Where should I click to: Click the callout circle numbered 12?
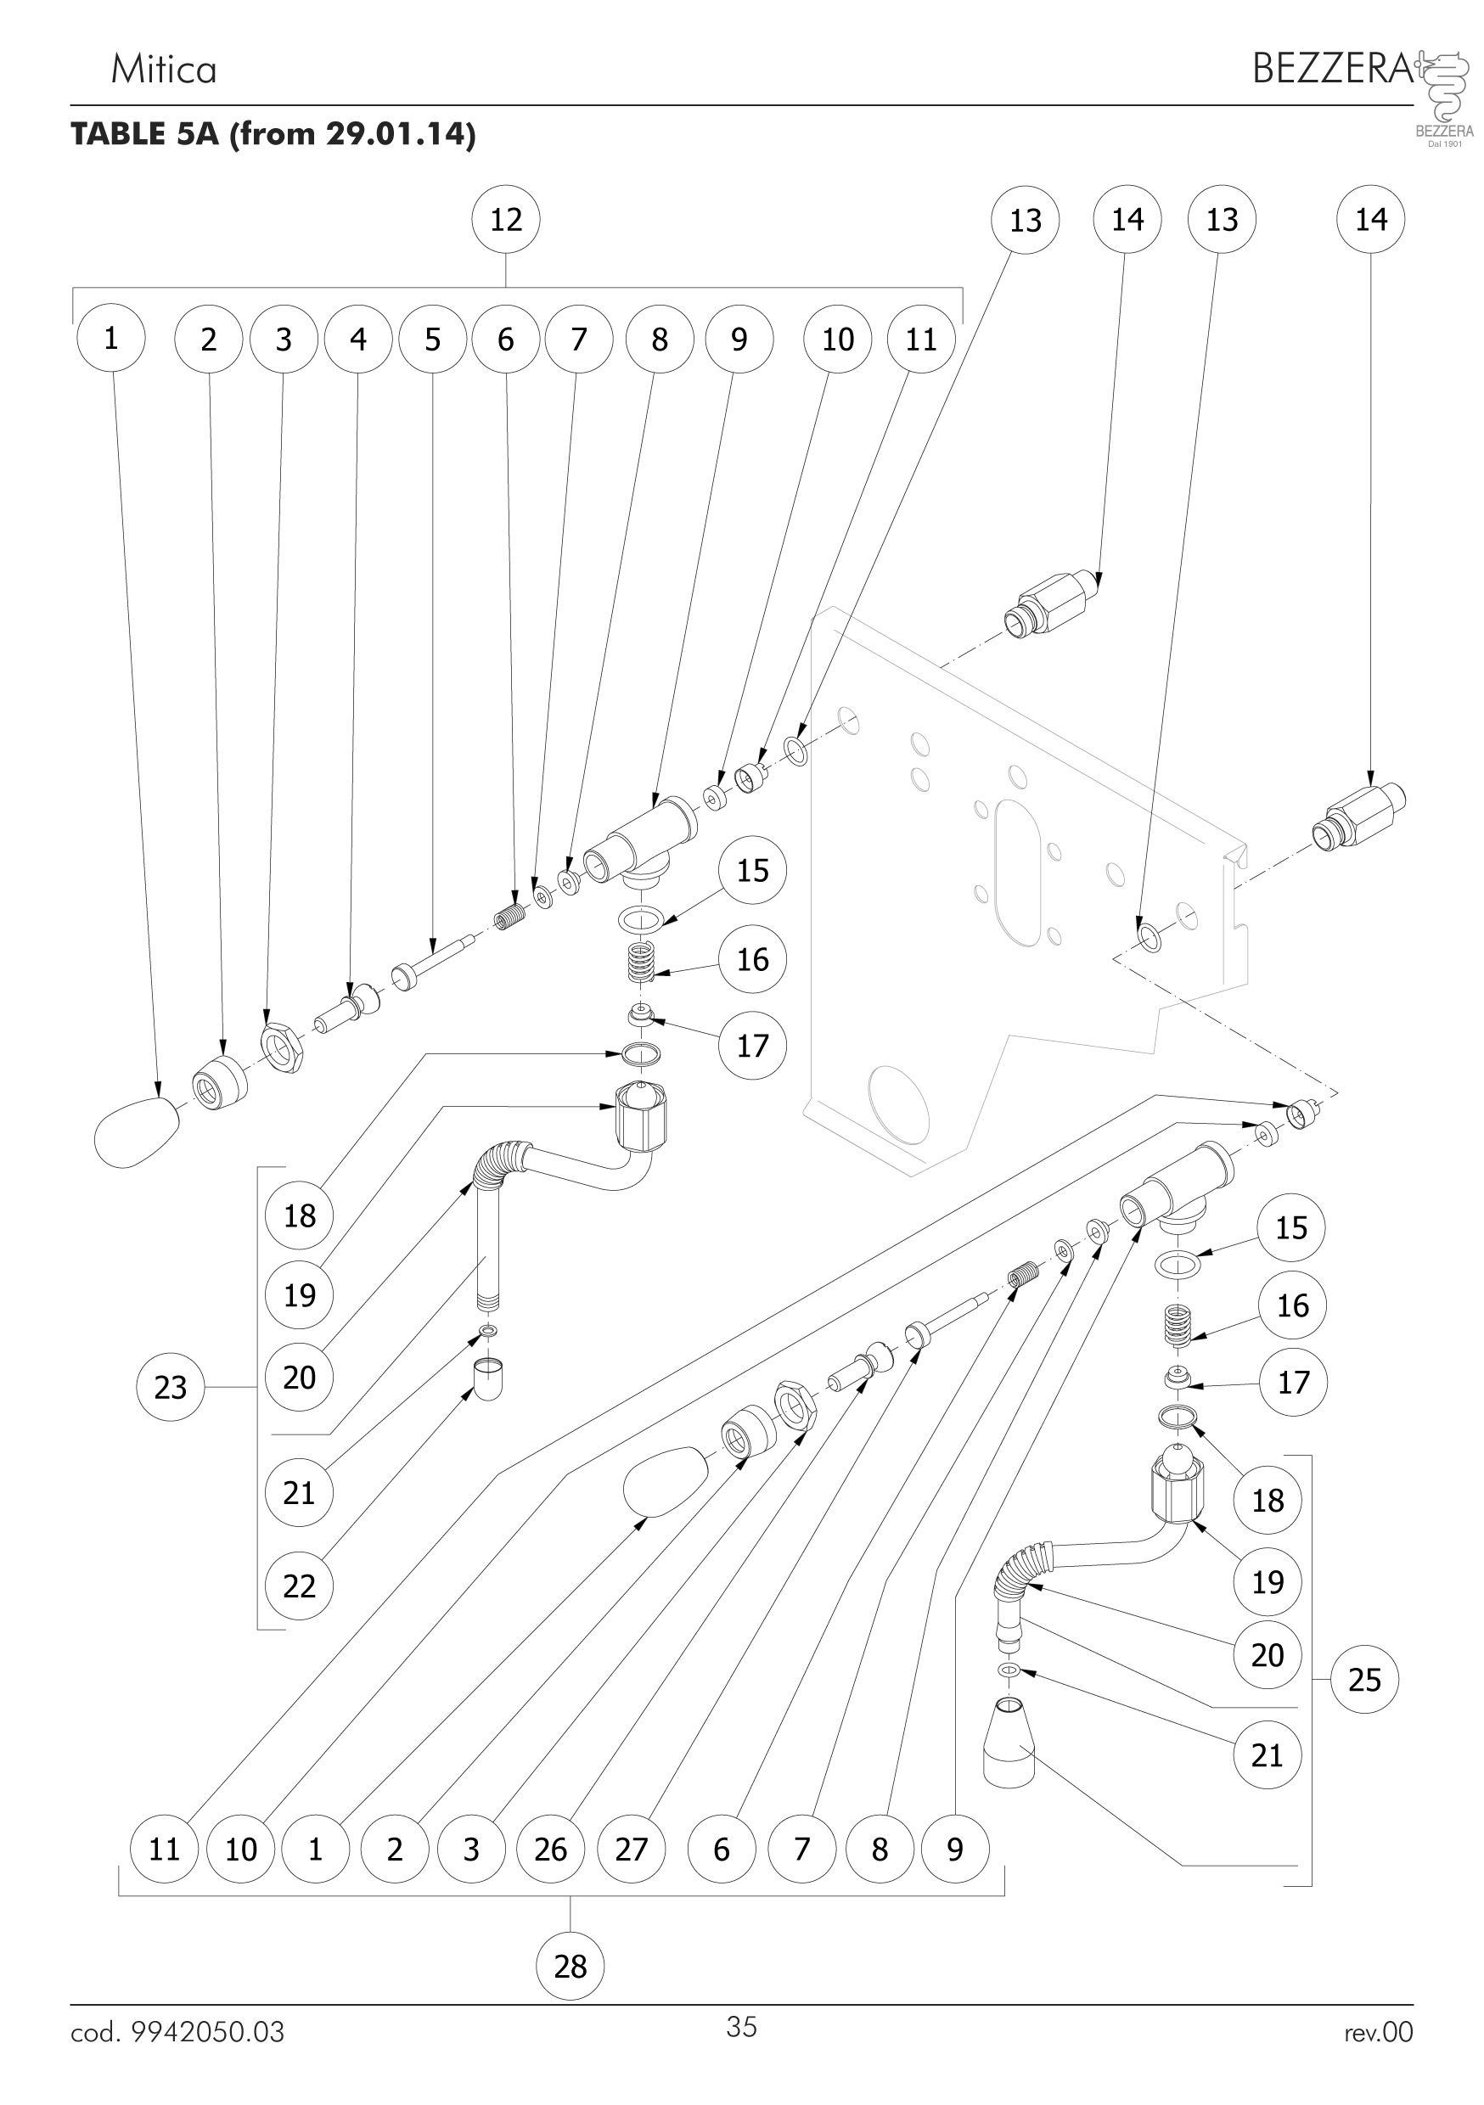pyautogui.click(x=505, y=220)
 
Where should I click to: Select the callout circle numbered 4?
pyautogui.click(x=358, y=340)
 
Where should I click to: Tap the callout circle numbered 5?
pyautogui.click(x=433, y=340)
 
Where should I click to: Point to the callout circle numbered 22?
pyautogui.click(x=299, y=1586)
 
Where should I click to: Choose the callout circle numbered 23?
pyautogui.click(x=171, y=1387)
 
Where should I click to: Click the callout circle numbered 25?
pyautogui.click(x=1363, y=1680)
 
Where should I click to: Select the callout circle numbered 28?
pyautogui.click(x=570, y=1966)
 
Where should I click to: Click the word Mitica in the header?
pyautogui.click(x=163, y=70)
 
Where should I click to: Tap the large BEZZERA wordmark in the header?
pyautogui.click(x=1333, y=69)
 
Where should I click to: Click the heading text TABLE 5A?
pyautogui.click(x=145, y=134)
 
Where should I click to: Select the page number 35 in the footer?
pyautogui.click(x=741, y=2027)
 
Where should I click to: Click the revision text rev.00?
pyautogui.click(x=1379, y=2033)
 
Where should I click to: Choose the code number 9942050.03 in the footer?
pyautogui.click(x=207, y=2033)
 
